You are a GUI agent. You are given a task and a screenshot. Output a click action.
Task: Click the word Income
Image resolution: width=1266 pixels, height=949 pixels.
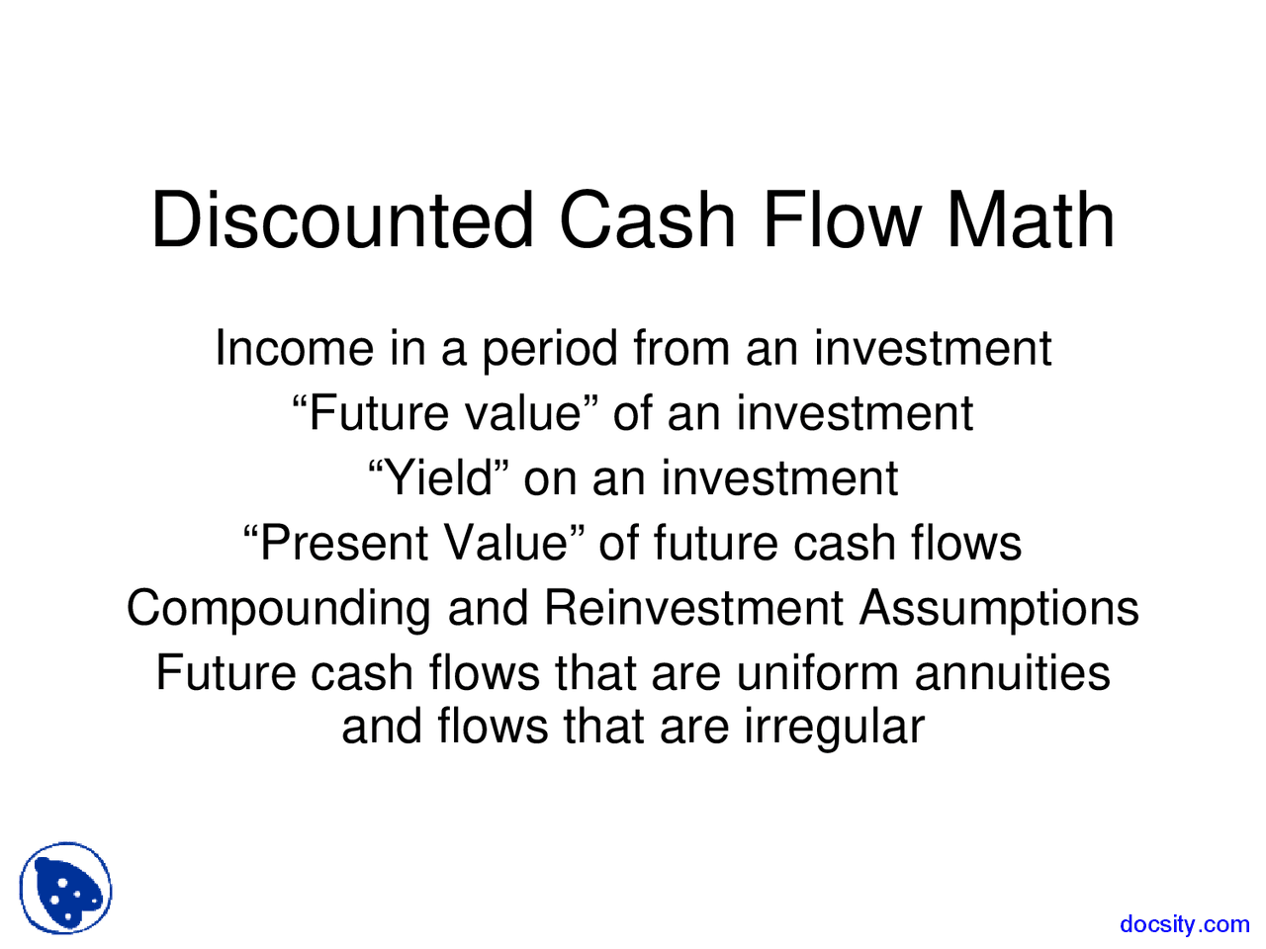pos(295,348)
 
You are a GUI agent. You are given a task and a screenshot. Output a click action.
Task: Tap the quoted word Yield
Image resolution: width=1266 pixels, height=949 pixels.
pos(438,478)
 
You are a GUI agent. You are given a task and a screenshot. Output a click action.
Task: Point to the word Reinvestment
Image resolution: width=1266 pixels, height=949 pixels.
pos(693,608)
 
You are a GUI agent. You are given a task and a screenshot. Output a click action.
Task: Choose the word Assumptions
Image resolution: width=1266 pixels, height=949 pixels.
pos(998,609)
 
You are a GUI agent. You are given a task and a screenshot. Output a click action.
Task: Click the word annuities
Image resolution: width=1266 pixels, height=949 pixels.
pos(1012,673)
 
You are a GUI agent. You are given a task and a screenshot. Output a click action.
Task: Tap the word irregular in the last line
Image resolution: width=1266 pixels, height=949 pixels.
pos(834,728)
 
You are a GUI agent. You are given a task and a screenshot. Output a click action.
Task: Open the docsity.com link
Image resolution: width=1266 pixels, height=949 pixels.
pos(1184,924)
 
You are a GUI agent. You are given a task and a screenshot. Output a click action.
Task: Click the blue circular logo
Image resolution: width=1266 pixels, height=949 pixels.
pos(66,888)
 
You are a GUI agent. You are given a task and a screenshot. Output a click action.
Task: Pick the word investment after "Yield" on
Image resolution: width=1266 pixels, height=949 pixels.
pos(779,478)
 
